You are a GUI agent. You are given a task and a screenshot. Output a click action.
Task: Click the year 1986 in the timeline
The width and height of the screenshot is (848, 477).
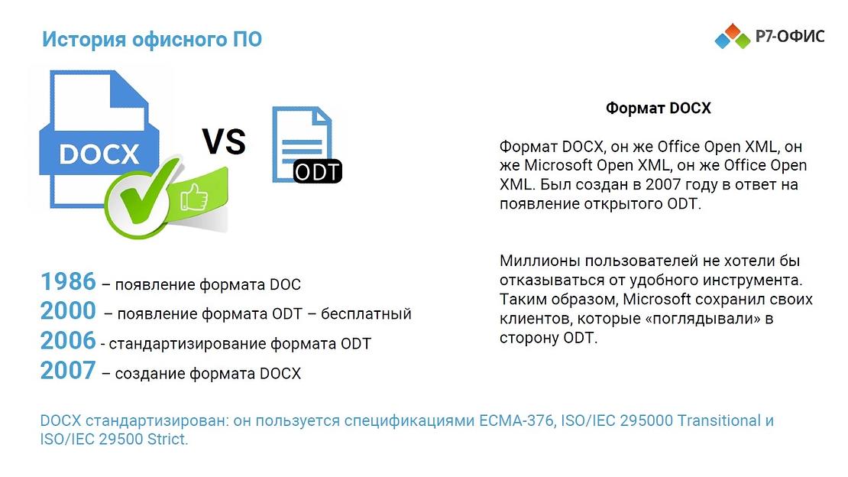click(x=68, y=281)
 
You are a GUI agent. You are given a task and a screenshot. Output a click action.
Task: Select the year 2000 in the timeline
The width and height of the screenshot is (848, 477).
click(x=68, y=311)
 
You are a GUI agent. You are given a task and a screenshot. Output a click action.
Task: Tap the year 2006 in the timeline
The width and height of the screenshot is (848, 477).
click(x=68, y=341)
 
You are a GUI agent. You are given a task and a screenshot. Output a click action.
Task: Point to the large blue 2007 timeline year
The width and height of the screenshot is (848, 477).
click(x=68, y=371)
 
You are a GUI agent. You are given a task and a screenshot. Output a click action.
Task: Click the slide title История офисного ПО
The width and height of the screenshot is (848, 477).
click(x=152, y=40)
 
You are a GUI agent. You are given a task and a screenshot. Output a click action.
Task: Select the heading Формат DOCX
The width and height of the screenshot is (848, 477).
click(x=658, y=109)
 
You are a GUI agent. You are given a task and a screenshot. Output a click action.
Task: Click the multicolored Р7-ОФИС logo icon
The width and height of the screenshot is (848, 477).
click(x=733, y=36)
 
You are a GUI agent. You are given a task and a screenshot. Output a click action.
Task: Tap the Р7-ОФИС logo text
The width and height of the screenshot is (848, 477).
click(x=789, y=36)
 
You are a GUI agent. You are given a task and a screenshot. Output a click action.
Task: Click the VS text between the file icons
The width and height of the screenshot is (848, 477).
click(x=223, y=141)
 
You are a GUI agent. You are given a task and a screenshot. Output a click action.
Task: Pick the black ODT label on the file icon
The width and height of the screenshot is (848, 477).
click(x=318, y=171)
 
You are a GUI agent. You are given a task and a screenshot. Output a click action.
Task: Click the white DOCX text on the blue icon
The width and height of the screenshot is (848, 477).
click(x=99, y=153)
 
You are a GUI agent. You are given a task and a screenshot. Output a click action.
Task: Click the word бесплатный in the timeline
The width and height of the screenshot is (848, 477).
click(x=366, y=314)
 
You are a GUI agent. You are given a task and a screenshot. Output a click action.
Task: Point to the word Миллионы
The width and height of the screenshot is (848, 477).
click(x=536, y=261)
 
